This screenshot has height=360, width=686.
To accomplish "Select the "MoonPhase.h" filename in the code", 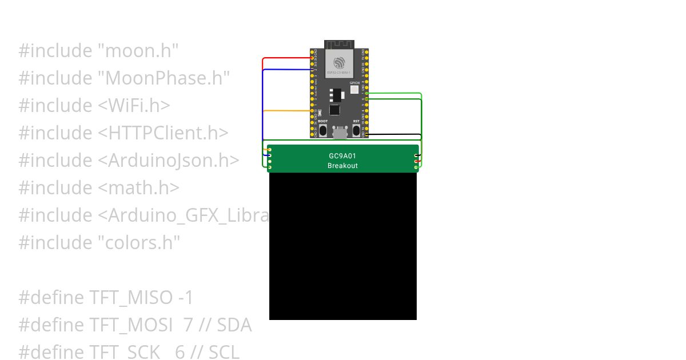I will (x=163, y=78).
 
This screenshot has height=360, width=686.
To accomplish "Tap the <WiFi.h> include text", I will (x=134, y=106).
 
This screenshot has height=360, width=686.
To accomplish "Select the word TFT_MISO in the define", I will (x=130, y=298).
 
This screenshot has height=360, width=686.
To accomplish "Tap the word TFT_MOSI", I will (x=131, y=325).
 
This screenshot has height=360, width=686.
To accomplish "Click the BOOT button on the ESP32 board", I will (x=323, y=130).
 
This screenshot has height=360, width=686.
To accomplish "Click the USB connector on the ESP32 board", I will (x=340, y=133).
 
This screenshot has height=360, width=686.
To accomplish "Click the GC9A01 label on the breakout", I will (x=342, y=155).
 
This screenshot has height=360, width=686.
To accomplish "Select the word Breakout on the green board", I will (x=342, y=166).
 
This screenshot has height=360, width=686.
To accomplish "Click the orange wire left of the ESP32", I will (x=286, y=111).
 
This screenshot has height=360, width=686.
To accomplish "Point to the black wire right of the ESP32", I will (x=394, y=134).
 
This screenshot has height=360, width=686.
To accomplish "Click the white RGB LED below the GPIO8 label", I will (x=354, y=90).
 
